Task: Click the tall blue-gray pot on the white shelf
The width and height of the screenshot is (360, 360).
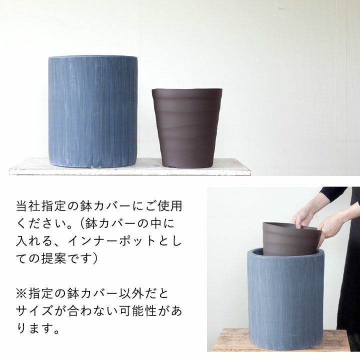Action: [x=93, y=111]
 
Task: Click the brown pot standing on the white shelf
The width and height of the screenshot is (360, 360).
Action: [x=187, y=128]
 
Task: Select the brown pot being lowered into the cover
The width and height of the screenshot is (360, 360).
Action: [x=291, y=239]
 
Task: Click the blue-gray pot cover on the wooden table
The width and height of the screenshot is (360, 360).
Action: [x=285, y=298]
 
